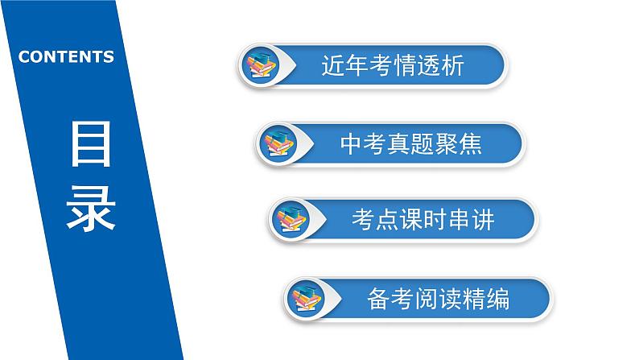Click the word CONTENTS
[66, 57]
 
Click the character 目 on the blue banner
[90, 146]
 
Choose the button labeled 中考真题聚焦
[410, 143]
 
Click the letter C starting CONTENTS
[24, 57]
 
